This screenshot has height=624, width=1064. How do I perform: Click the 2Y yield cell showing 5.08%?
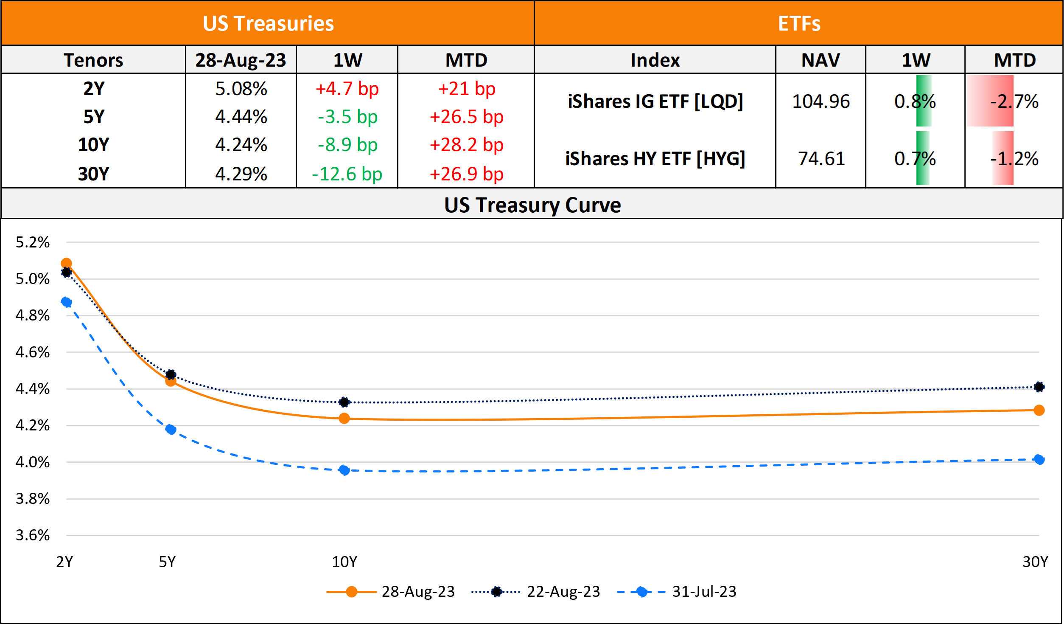point(241,89)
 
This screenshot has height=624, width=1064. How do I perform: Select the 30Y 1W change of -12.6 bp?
point(347,174)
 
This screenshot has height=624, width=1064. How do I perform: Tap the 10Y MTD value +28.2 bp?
point(466,145)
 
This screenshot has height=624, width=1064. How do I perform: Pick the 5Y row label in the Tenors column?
point(93,117)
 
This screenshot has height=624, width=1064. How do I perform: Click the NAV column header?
point(820,60)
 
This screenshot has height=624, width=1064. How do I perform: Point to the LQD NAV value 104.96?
point(821,101)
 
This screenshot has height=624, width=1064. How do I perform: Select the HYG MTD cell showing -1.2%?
point(1014,159)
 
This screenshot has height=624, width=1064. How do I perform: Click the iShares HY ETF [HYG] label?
point(655,159)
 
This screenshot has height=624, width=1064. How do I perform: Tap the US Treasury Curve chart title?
point(532,205)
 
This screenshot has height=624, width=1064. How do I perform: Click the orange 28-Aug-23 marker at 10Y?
point(344,419)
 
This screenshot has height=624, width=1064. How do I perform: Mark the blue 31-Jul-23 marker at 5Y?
point(171,430)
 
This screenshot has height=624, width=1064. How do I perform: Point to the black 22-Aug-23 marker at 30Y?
point(1039,387)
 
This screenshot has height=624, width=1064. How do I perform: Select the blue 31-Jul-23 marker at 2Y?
point(66,302)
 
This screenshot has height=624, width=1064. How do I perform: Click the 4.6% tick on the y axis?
point(33,352)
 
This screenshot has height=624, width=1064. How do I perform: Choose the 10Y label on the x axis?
point(344,562)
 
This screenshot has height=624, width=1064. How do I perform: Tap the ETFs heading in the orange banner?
point(799,24)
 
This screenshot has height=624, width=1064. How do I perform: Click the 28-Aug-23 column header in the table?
point(241,60)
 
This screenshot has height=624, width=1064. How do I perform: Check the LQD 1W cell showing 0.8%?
point(915,101)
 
